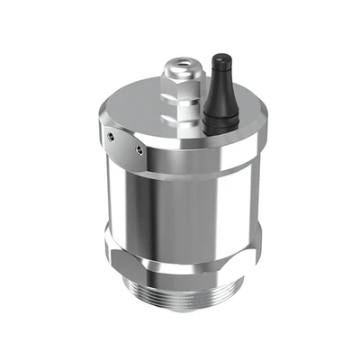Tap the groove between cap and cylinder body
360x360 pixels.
[x=180, y=172]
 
